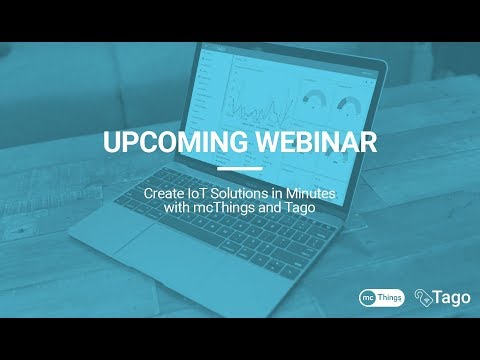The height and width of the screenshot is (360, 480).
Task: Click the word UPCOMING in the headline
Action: [170, 142]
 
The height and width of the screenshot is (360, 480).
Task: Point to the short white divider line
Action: [239, 168]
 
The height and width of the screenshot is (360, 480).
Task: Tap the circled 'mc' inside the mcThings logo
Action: [369, 297]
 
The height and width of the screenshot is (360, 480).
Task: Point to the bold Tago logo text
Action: [449, 297]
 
